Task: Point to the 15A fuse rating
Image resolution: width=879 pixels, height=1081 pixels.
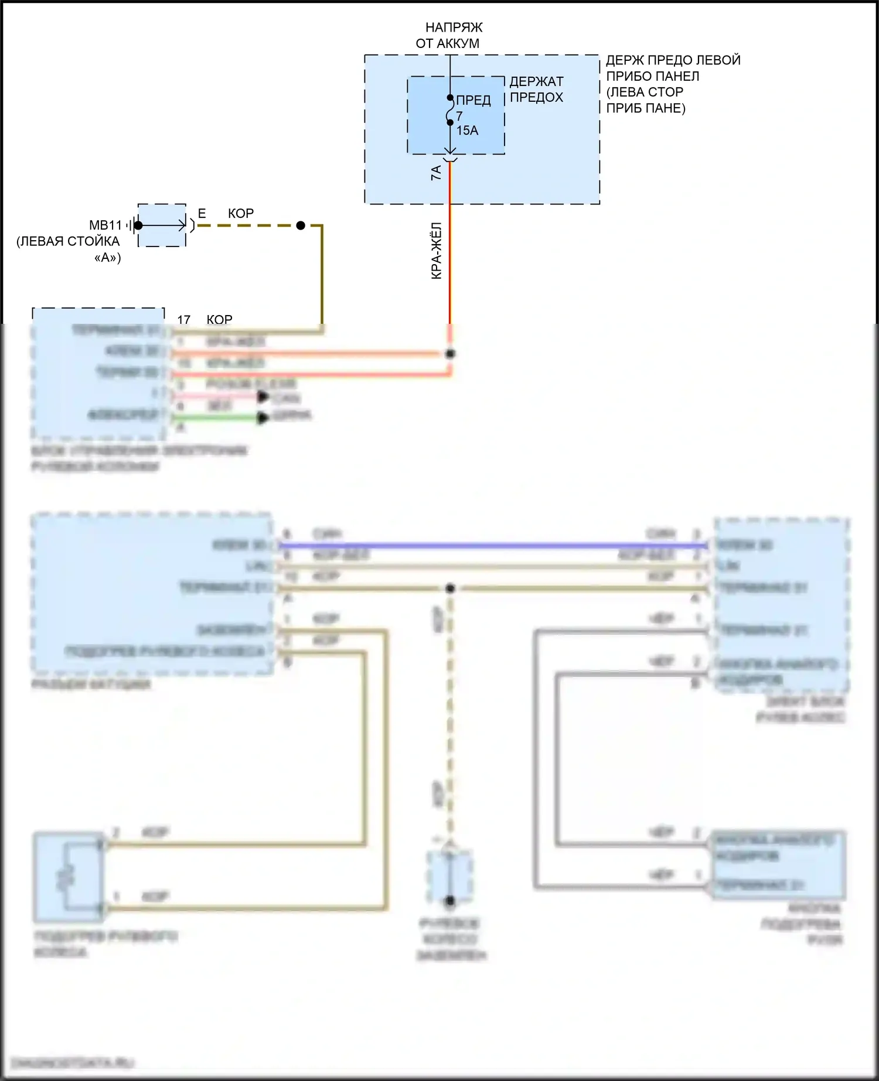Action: [467, 131]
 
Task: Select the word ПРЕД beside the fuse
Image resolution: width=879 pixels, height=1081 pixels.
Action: [473, 100]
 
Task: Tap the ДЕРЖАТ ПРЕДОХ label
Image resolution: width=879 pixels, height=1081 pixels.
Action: [536, 89]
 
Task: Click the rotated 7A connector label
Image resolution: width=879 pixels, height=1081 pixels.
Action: [436, 173]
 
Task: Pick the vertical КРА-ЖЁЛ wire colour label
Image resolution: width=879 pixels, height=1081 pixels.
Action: [437, 251]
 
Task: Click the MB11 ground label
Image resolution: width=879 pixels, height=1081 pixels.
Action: [105, 225]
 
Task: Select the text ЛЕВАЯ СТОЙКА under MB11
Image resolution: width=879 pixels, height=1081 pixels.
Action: [68, 241]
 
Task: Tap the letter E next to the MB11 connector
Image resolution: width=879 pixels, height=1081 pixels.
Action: [202, 214]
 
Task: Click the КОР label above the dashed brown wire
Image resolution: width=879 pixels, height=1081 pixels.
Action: [241, 214]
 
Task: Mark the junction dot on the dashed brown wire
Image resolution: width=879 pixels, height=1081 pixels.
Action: [301, 225]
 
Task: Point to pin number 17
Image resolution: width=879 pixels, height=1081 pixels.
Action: [184, 320]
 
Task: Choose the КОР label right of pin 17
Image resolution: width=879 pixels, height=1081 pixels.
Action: [220, 320]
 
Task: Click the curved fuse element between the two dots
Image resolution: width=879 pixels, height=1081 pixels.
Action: [449, 111]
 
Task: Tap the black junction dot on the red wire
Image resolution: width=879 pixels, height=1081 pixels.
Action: [450, 354]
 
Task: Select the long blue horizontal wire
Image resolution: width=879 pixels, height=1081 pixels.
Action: [492, 546]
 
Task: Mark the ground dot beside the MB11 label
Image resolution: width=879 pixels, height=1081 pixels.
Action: [138, 225]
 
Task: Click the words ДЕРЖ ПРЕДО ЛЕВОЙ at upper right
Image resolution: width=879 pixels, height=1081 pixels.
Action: [673, 60]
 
